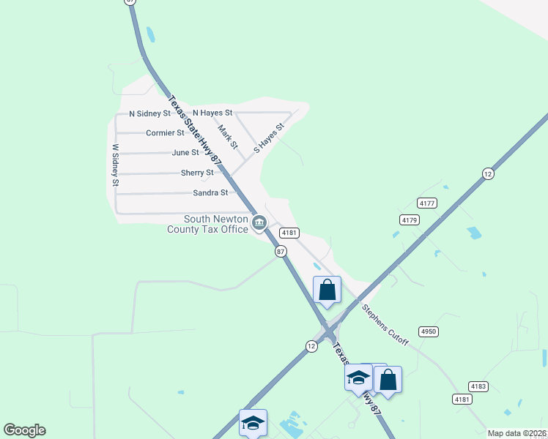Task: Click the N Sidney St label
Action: [149, 113]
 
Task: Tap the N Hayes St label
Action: [212, 113]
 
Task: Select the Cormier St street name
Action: [165, 133]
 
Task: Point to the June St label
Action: [185, 153]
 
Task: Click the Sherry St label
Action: [197, 173]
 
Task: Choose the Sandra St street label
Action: [210, 193]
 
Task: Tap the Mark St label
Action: [229, 137]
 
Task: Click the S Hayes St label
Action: [268, 138]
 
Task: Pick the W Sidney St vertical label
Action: [115, 165]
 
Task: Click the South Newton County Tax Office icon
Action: [259, 222]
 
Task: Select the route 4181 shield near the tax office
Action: [289, 233]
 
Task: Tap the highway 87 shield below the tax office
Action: [280, 251]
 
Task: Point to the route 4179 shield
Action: [409, 219]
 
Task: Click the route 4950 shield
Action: [429, 331]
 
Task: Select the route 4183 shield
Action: [478, 385]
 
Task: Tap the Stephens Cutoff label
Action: [385, 325]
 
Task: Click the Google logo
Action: [24, 430]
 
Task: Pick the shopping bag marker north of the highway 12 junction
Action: [327, 290]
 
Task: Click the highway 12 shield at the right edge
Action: [488, 173]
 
